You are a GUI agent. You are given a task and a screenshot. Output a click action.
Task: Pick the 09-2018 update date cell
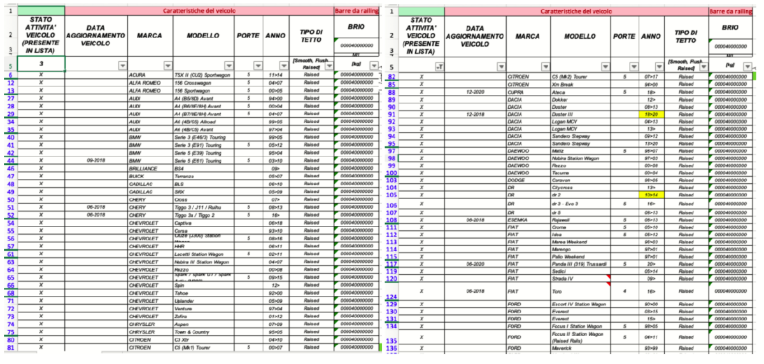coord(95,160)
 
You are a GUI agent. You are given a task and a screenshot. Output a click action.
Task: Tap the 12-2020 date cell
coord(476,92)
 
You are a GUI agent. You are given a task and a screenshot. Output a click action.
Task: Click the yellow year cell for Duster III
coord(651,115)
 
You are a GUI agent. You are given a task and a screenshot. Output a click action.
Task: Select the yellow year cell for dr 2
coord(651,195)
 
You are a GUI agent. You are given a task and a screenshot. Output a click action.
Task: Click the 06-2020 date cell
coord(476,263)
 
